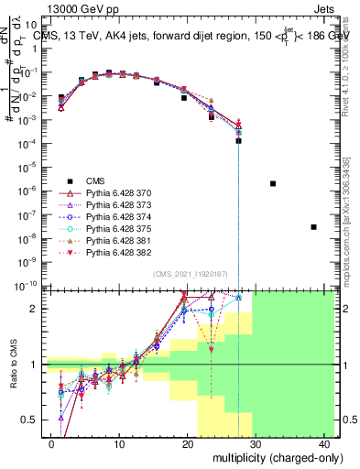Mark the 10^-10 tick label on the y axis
pos(27,285)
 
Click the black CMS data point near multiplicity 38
pos(313,226)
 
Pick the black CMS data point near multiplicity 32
pos(273,183)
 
